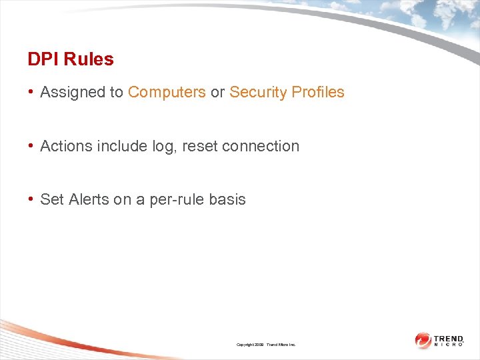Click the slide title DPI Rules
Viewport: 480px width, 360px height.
point(71,59)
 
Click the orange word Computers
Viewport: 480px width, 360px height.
point(167,93)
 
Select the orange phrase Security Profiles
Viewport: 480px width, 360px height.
point(287,93)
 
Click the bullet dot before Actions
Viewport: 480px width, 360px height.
point(31,146)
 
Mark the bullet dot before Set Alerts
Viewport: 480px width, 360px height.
point(31,199)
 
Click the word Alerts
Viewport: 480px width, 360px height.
point(89,199)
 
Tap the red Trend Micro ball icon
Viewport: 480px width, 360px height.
point(423,341)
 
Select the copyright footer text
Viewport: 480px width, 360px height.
point(265,345)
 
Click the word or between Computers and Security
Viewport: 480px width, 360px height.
point(217,93)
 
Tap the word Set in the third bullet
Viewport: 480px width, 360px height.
point(52,199)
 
